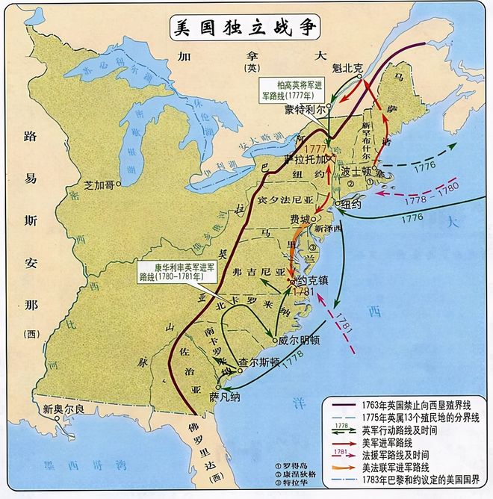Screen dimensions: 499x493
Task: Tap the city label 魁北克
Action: pos(347,67)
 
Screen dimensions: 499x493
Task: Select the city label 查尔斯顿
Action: pos(258,362)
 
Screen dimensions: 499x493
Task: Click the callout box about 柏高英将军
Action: pos(286,89)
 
